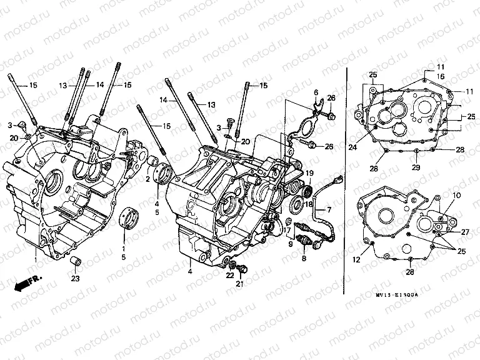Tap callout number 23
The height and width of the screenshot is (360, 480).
[x=76, y=279]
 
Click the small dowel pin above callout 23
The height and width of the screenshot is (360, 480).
[x=75, y=261]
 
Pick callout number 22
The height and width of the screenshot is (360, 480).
[x=230, y=275]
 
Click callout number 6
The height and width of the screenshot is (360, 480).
[x=316, y=92]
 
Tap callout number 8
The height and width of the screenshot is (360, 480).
[x=304, y=257]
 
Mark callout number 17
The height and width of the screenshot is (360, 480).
[x=287, y=231]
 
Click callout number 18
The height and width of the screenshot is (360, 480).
[x=308, y=204]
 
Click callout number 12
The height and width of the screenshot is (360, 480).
[x=357, y=260]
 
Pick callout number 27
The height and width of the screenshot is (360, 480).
[x=464, y=232]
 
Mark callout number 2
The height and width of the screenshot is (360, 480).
[x=147, y=179]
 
